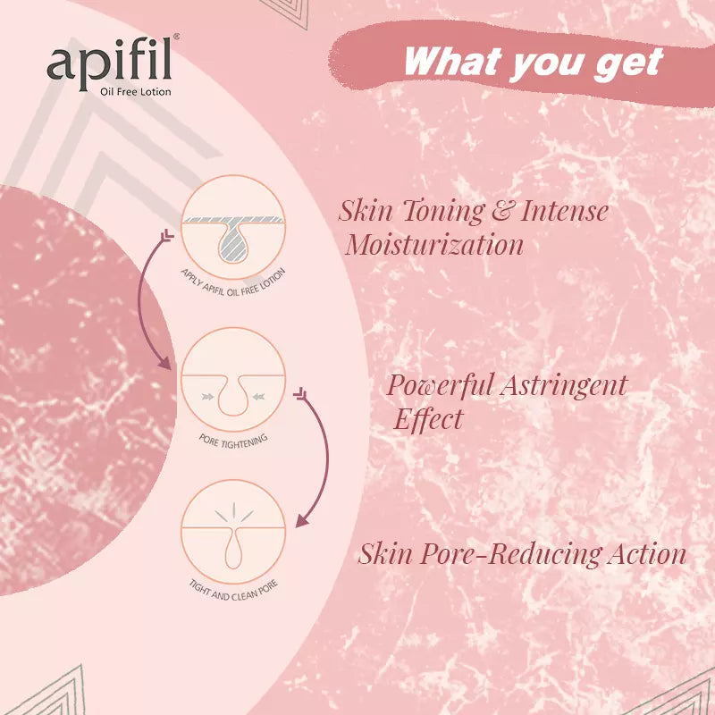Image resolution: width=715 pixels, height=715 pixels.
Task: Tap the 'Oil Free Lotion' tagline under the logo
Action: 136,91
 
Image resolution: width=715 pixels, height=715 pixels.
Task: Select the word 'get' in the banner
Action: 628,63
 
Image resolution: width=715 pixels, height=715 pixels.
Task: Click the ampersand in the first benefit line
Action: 502,212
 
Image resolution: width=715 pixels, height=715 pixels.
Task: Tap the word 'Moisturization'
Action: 434,245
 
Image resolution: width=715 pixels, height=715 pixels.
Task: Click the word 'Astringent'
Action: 564,386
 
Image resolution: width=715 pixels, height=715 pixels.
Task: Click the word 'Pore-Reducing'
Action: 513,554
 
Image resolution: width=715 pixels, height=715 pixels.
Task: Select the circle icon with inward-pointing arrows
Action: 232,379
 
